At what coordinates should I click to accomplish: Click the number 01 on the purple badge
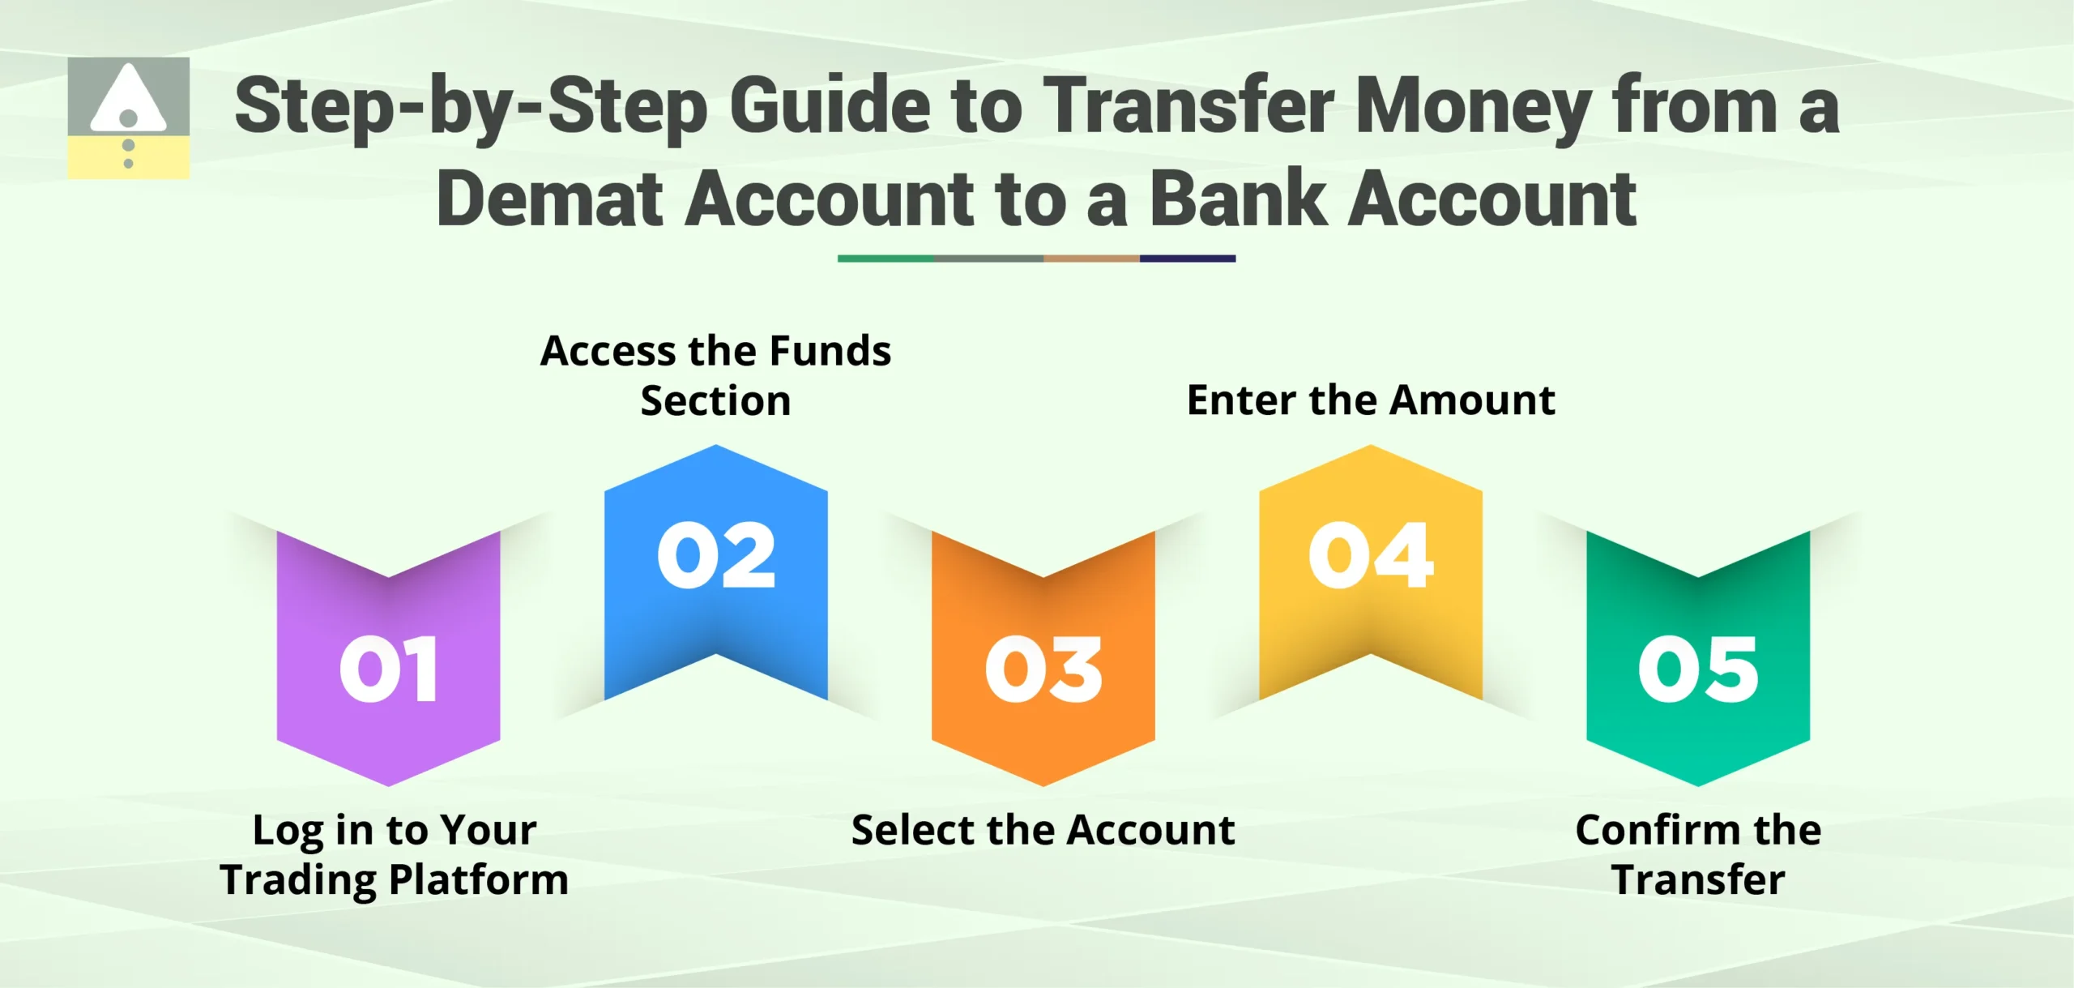389,669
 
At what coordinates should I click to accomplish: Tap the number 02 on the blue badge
716,556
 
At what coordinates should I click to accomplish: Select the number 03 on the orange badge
1043,669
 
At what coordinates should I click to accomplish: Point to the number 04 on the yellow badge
1371,556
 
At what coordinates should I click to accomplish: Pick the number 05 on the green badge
1698,669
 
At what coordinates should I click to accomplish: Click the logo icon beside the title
128,118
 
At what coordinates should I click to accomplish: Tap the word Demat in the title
549,199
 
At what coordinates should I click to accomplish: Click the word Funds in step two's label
830,351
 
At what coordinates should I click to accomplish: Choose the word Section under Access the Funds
715,401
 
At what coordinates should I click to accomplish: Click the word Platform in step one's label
479,880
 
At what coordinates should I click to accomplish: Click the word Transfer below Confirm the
1698,880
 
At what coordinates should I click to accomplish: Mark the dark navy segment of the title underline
1187,259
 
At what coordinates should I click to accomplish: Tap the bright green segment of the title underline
886,259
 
